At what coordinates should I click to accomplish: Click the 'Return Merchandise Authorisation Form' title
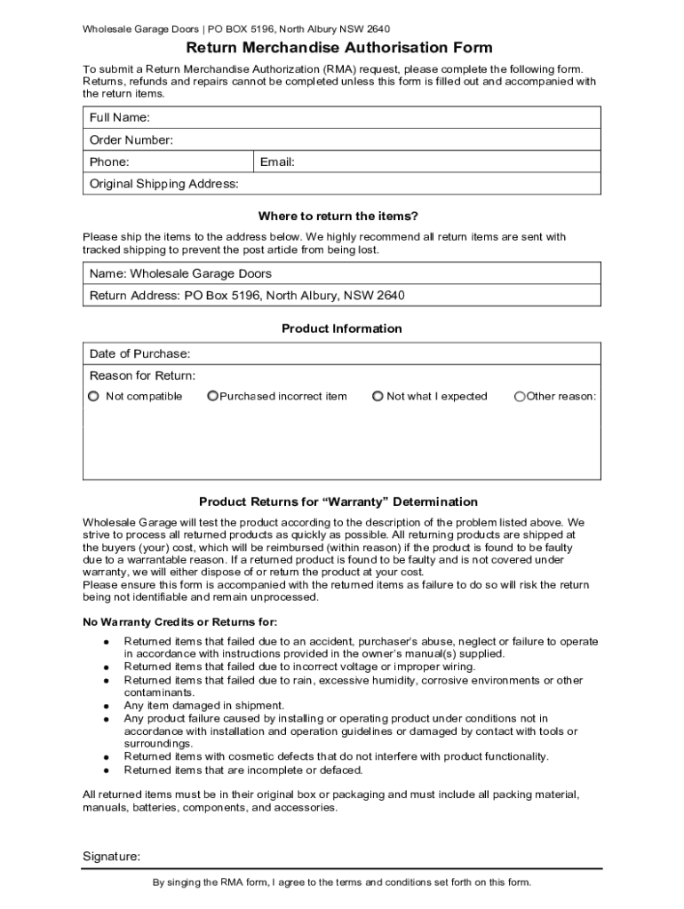coord(338,48)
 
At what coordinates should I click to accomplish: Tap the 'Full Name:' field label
coord(119,118)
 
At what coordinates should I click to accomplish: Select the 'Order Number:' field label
coord(131,140)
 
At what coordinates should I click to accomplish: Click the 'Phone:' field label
coord(109,162)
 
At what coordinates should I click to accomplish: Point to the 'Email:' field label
coord(277,162)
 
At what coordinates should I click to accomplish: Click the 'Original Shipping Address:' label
coord(164,185)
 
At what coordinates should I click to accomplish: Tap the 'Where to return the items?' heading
coord(338,217)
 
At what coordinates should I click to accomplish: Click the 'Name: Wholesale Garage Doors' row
coord(180,273)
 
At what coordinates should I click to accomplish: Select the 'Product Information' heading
coord(342,329)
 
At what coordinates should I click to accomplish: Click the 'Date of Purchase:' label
coord(139,354)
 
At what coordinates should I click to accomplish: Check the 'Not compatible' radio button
coord(93,397)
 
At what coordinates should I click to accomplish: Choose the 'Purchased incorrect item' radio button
coord(212,397)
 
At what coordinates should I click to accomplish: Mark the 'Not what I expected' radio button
coord(378,397)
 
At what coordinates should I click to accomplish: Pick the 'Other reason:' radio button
coord(520,397)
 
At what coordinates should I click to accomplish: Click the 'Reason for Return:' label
coord(143,376)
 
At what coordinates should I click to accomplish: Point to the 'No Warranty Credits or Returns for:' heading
coord(179,622)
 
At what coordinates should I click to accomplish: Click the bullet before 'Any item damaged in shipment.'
coord(106,707)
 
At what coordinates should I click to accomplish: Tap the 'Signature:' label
coord(111,858)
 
